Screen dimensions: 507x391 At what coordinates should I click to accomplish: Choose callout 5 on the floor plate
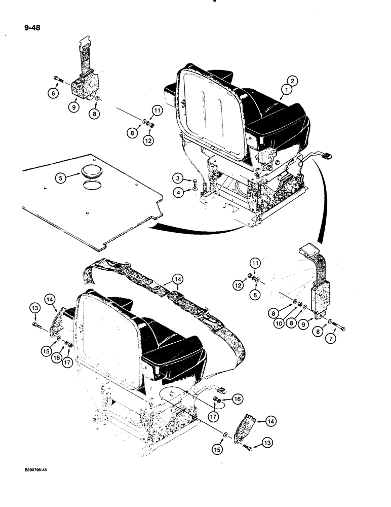point(61,178)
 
